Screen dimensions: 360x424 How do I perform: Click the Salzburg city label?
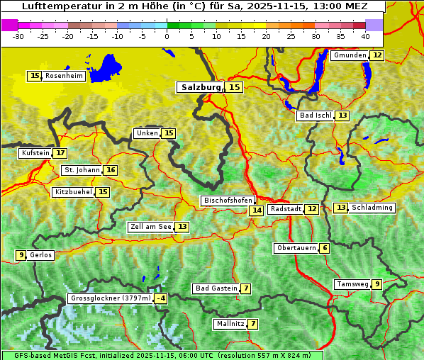(201, 87)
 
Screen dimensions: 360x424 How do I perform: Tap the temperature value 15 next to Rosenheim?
(35, 76)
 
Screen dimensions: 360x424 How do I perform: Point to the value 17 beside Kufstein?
(60, 152)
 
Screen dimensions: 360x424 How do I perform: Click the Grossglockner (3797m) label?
(111, 298)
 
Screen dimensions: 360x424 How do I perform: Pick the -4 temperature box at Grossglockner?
(161, 298)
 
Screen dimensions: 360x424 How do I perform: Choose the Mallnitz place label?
(230, 324)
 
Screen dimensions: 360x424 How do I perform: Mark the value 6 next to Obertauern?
(324, 248)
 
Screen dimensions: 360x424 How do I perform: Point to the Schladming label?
(372, 208)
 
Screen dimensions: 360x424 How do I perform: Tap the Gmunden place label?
(350, 55)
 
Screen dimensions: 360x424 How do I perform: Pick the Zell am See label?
(150, 227)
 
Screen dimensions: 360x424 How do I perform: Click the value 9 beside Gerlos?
(21, 255)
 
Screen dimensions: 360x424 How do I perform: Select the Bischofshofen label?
(228, 201)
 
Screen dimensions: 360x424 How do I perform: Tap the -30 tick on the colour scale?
(18, 36)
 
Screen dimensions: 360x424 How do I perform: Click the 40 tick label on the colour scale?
(365, 36)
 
